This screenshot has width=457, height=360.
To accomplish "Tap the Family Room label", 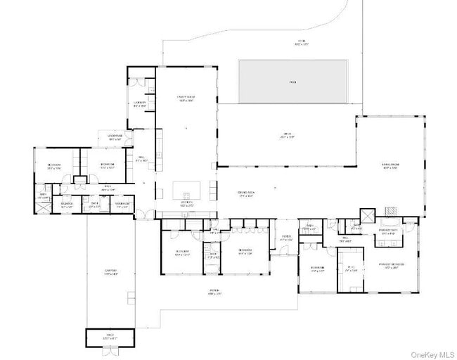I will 185,100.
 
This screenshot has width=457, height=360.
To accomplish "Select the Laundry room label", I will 139,104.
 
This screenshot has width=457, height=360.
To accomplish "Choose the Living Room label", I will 390,167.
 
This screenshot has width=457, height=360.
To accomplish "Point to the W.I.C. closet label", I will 352,269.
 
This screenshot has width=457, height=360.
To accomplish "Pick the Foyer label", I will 286,238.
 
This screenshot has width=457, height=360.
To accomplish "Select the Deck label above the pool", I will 301,43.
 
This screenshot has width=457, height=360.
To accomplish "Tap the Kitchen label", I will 186,204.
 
